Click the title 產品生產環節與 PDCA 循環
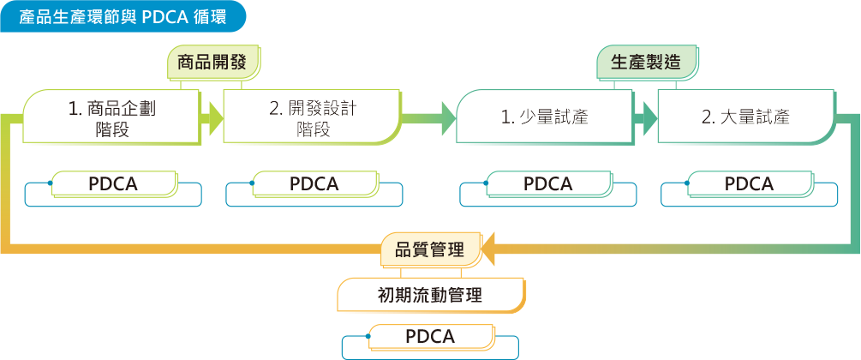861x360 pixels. [x=123, y=16]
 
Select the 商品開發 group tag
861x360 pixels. [x=212, y=63]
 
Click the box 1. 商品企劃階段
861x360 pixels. [x=112, y=117]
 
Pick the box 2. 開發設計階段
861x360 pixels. [x=313, y=117]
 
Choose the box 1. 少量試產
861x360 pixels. [x=545, y=117]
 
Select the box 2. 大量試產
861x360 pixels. [x=745, y=117]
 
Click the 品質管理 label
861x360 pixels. [x=429, y=249]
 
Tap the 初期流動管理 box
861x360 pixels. [x=430, y=296]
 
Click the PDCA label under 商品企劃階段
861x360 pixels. [x=114, y=184]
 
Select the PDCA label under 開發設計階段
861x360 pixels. [x=314, y=184]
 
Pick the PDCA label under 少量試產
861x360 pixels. [x=548, y=184]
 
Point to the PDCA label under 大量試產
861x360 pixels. [x=750, y=184]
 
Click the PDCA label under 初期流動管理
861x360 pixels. [x=431, y=336]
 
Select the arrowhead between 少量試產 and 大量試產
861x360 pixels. [x=646, y=117]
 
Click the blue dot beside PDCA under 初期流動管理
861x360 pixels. [x=369, y=337]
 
